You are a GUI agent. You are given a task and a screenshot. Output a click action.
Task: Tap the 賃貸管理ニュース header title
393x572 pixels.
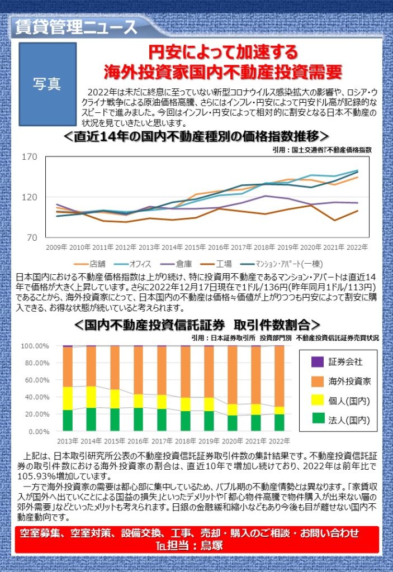tap(73, 26)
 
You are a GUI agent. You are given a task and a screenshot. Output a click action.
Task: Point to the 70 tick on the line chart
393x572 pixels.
tap(30, 237)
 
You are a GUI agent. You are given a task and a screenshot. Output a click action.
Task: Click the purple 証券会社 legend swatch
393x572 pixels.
tap(317, 361)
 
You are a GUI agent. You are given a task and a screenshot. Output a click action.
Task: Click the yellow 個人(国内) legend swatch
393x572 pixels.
tap(317, 401)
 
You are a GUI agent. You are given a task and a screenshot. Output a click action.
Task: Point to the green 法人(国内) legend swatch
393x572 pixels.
tap(317, 420)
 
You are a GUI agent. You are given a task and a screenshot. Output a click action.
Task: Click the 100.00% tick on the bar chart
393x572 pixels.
tap(35, 346)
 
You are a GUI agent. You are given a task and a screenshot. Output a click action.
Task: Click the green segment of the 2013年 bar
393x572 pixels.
tap(68, 421)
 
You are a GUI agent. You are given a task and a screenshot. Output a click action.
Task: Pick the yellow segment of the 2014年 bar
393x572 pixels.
tap(91, 397)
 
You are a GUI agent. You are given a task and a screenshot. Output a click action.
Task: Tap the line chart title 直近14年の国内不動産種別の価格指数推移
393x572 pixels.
tap(196, 137)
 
